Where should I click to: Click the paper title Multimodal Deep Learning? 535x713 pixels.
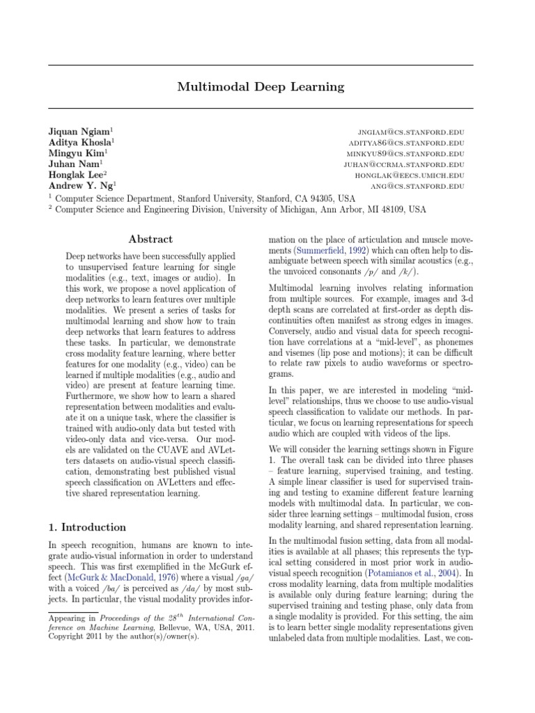[x=261, y=87]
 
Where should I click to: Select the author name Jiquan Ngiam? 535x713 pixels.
[x=79, y=131]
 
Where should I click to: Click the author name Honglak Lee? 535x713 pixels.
[x=77, y=175]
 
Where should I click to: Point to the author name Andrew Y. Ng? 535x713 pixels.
[x=80, y=186]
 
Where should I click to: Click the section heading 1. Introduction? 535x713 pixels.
[x=87, y=527]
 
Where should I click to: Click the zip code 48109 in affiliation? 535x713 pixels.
[x=391, y=209]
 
